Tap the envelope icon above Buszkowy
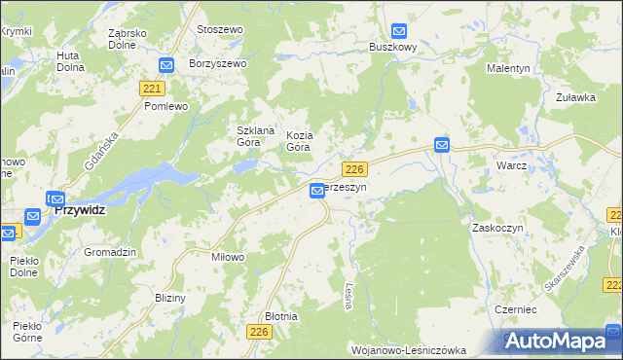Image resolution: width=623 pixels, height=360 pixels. (399, 31)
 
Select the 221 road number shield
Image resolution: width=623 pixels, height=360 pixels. (151, 89)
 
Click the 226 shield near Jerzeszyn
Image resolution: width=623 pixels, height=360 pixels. (354, 168)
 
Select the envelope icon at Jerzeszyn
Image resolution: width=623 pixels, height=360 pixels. (317, 192)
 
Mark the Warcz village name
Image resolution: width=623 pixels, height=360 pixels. (511, 165)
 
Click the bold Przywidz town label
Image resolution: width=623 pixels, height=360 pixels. (80, 209)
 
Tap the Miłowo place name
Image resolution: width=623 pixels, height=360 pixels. (227, 257)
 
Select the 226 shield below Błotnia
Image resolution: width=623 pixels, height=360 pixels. (258, 333)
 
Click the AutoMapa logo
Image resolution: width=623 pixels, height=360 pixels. (556, 342)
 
